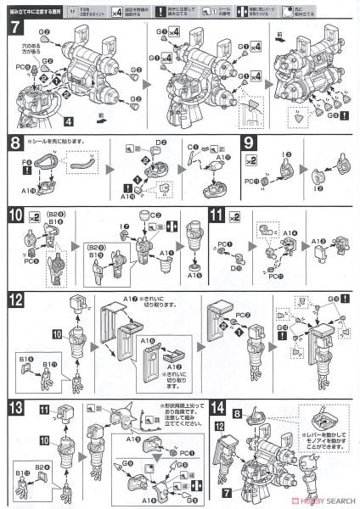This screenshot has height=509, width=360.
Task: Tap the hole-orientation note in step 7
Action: click(x=31, y=43)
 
